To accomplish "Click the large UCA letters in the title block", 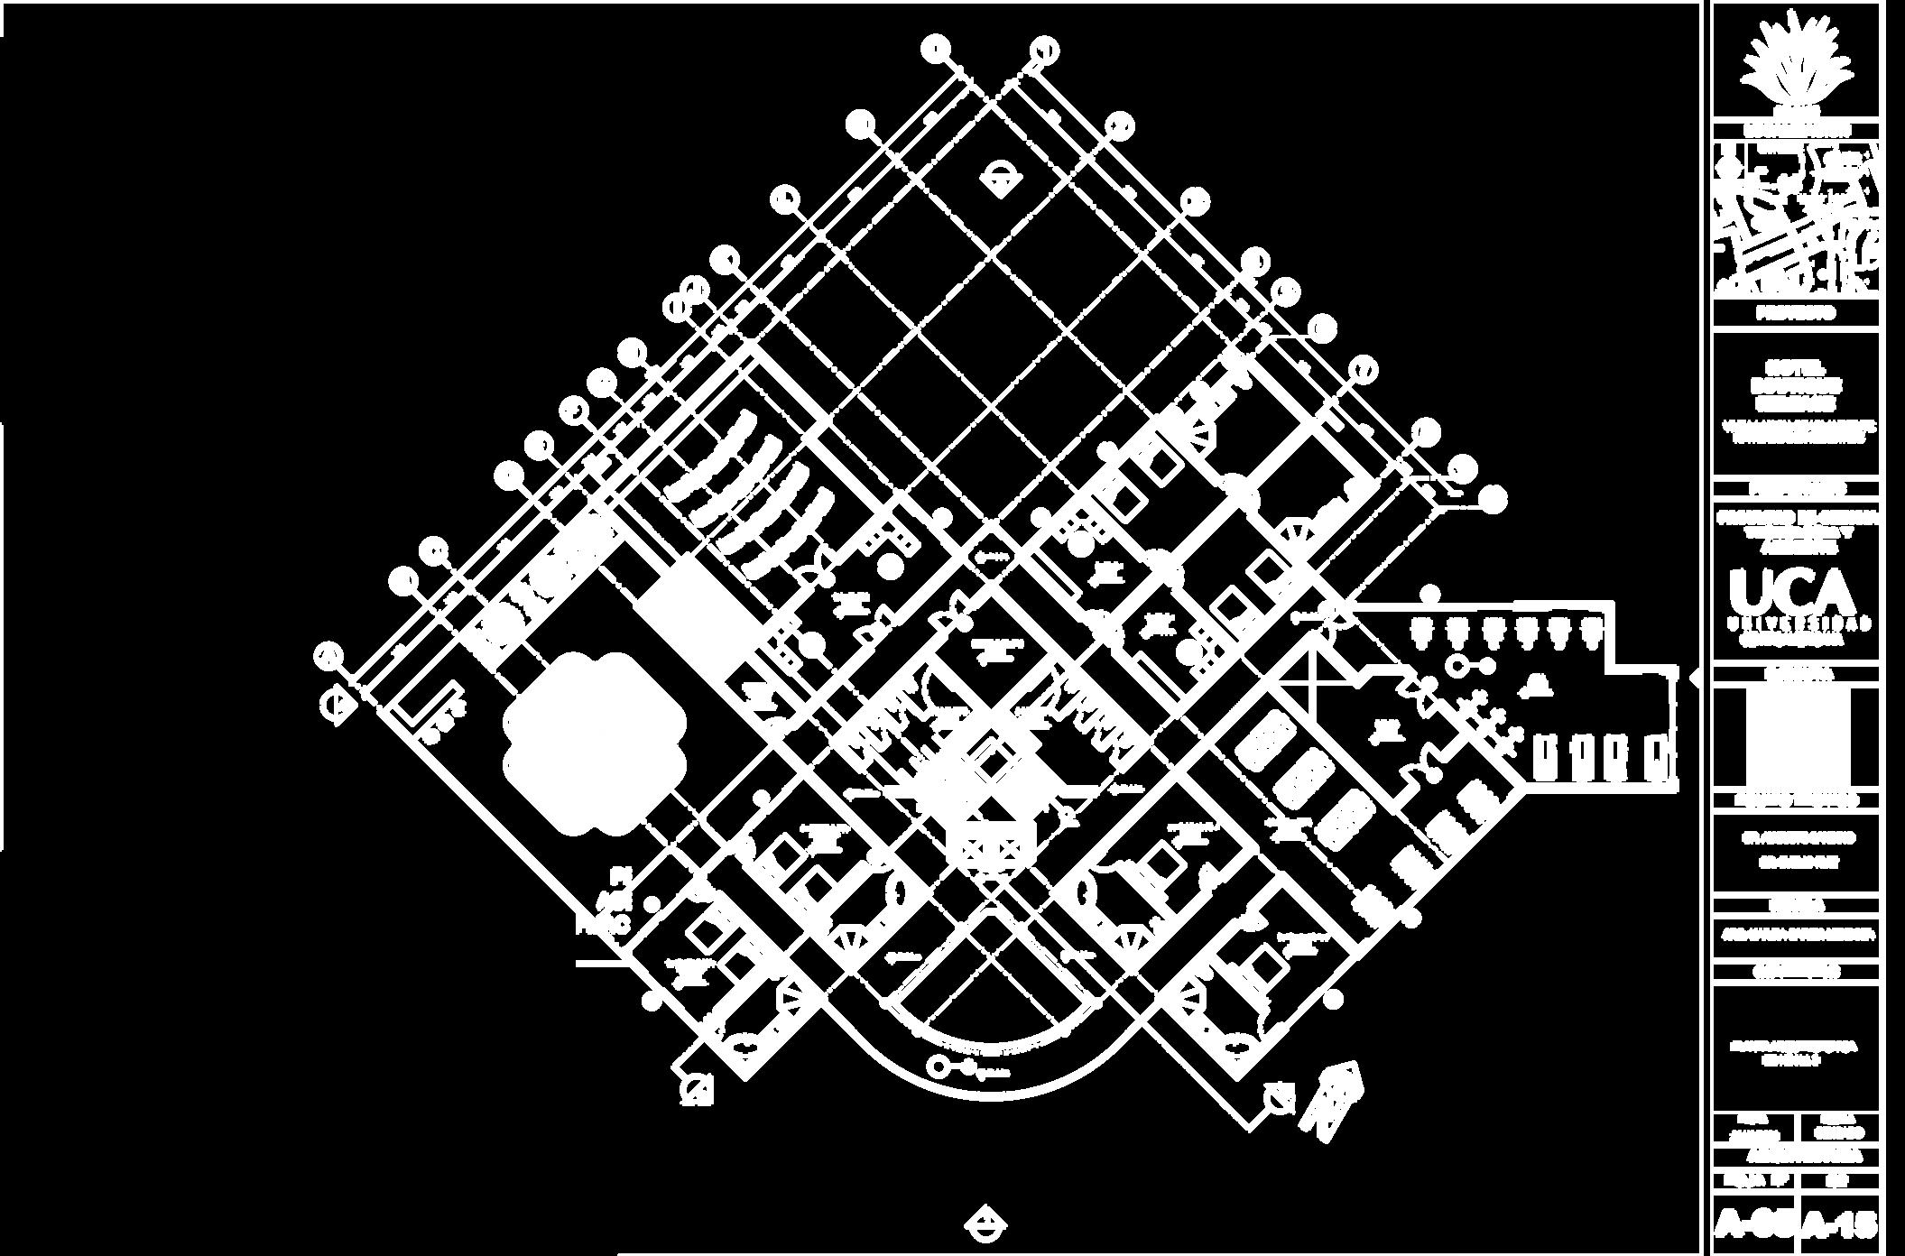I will tap(1793, 593).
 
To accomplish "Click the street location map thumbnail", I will tap(1795, 221).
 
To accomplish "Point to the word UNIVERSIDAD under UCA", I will tap(1795, 623).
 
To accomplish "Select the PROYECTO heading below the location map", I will tap(1795, 313).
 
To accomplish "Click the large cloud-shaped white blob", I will tap(594, 744).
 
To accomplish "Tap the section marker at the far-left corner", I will tap(338, 706).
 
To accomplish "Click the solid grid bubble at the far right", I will tap(1493, 498).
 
